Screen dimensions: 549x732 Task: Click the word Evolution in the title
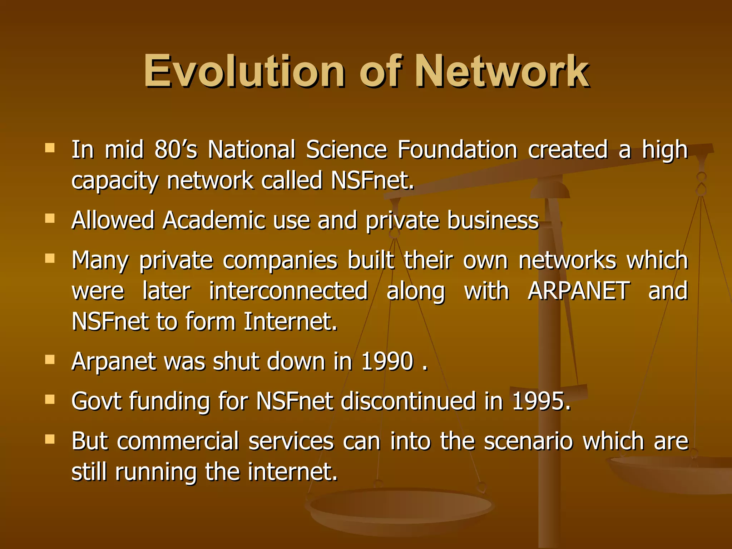tap(244, 71)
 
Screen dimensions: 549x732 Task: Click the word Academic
tap(214, 220)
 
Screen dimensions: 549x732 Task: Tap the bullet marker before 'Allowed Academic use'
tap(50, 218)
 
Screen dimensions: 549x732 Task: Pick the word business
tap(493, 220)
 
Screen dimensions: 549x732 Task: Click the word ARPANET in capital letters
tap(579, 291)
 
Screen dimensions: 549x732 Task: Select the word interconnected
tap(288, 291)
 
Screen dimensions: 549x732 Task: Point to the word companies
tap(280, 261)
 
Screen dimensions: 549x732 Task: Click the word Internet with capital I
tap(290, 321)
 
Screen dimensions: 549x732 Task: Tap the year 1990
tap(387, 361)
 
